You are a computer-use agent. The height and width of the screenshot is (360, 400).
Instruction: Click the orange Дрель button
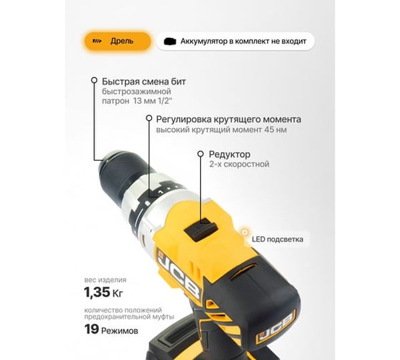click(x=117, y=41)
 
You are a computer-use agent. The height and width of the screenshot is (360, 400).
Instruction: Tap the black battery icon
click(x=170, y=41)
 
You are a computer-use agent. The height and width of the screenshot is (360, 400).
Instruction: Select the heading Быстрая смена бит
click(x=144, y=81)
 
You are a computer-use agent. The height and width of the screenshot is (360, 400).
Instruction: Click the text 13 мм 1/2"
click(x=153, y=101)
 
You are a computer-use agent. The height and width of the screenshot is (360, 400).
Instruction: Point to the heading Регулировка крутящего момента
click(x=229, y=119)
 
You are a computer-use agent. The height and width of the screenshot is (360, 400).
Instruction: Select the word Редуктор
click(x=229, y=154)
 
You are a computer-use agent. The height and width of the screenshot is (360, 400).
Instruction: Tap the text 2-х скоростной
click(x=239, y=164)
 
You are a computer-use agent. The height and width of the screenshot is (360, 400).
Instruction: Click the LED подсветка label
click(x=277, y=239)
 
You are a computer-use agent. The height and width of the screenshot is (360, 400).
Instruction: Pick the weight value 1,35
click(x=97, y=292)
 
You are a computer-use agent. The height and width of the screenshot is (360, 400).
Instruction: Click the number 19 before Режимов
click(x=91, y=329)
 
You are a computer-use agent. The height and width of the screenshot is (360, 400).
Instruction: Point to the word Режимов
click(x=120, y=331)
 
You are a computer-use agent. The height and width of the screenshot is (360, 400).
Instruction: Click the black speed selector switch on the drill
click(x=201, y=229)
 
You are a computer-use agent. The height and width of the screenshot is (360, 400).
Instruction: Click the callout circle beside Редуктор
click(x=201, y=154)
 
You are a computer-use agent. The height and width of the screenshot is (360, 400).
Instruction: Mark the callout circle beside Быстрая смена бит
click(x=95, y=80)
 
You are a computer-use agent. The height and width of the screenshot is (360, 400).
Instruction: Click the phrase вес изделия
click(x=105, y=280)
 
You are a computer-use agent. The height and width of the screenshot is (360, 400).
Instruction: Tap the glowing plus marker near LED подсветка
click(x=245, y=232)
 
